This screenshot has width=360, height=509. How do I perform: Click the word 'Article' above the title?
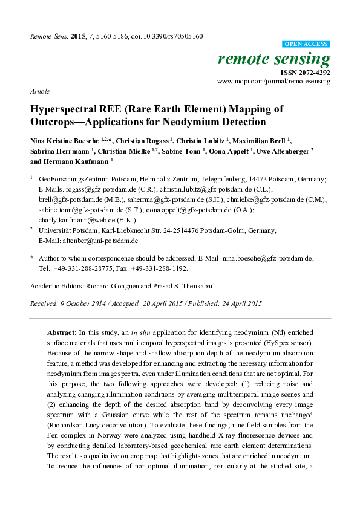pyautogui.click(x=39, y=91)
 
